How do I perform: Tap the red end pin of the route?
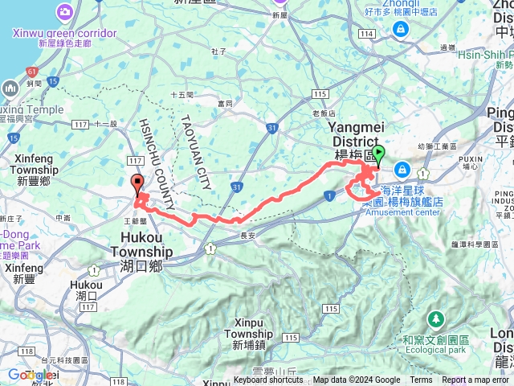coord(136,183)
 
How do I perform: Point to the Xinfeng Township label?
coord(36,171)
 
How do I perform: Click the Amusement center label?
coord(402,213)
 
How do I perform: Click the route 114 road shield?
coord(368,33)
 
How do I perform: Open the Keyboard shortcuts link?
coord(268,380)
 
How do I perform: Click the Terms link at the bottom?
coord(421,380)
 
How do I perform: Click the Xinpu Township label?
coord(243,339)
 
